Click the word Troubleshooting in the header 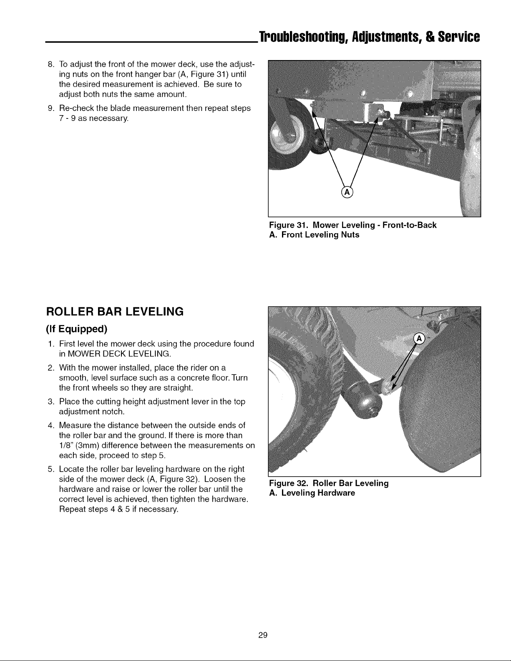tap(304, 37)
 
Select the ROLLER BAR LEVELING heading tap(115, 312)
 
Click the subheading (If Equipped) tap(77, 329)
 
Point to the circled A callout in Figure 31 tap(347, 192)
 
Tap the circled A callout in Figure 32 tap(419, 339)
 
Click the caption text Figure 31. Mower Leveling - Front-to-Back tap(353, 225)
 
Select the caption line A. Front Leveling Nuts tap(314, 235)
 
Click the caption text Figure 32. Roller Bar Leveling tap(329, 483)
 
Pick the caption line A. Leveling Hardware tap(312, 493)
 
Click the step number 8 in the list tap(50, 64)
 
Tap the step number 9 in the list tap(50, 108)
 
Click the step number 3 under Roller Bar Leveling tap(50, 402)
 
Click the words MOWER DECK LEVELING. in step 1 tap(119, 354)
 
